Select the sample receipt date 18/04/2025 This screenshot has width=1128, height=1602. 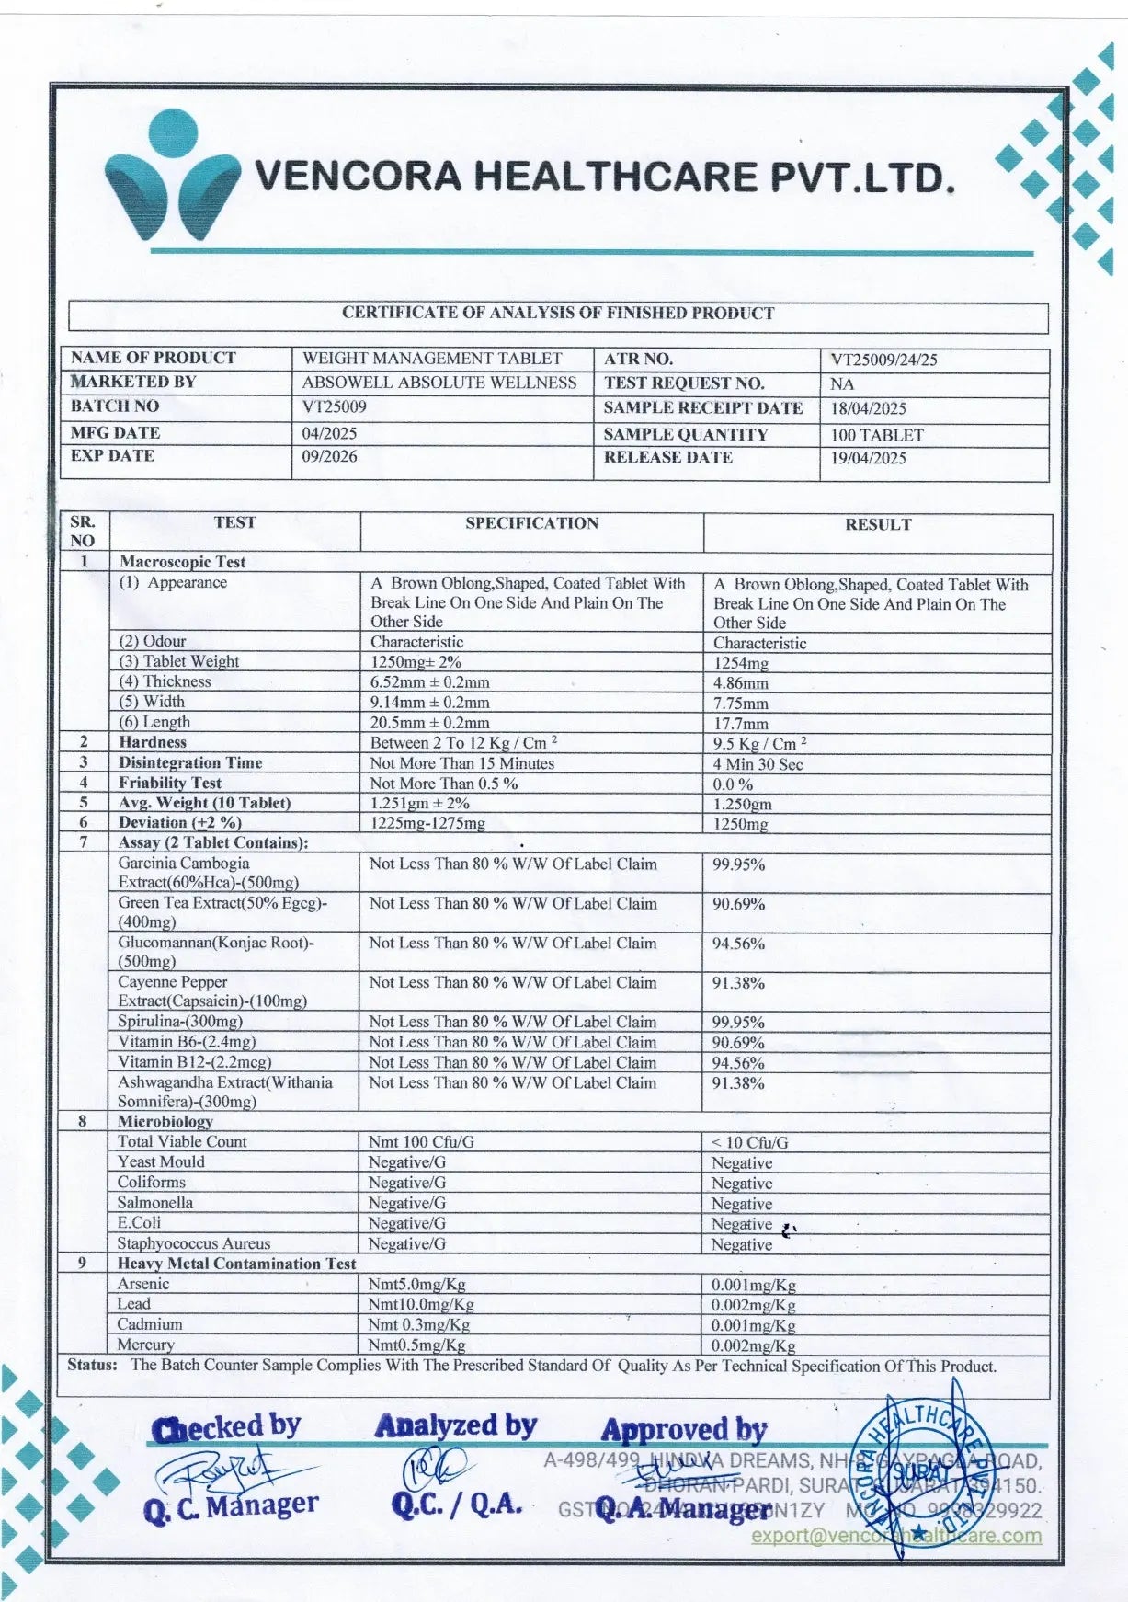(868, 408)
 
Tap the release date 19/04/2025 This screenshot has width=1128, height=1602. (868, 458)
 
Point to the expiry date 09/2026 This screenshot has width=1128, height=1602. (329, 456)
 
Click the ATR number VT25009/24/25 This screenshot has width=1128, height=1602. (883, 360)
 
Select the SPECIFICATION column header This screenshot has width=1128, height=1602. (531, 523)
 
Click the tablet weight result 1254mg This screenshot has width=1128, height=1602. (741, 663)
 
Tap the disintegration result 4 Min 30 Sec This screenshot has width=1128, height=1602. (758, 764)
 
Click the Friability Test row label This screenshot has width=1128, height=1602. (170, 783)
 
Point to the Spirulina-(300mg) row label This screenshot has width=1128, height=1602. (180, 1022)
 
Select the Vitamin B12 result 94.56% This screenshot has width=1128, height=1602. (738, 1063)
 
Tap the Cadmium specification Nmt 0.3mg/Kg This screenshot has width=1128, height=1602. (419, 1325)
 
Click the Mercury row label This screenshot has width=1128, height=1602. (145, 1345)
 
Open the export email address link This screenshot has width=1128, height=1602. (896, 1535)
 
